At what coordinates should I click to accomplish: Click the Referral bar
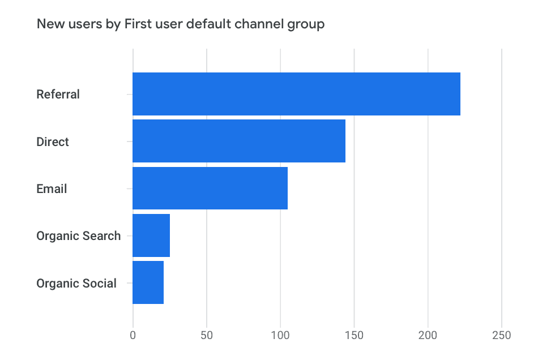296,94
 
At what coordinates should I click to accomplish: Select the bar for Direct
239,142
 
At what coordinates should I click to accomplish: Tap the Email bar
210,188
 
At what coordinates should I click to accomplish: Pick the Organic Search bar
151,235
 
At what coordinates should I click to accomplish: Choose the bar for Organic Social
148,283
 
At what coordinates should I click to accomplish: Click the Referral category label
58,94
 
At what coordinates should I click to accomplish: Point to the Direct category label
53,142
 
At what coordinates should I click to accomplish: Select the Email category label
52,188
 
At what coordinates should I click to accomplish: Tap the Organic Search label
78,235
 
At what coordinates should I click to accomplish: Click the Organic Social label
76,283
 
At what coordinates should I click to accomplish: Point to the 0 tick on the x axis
133,335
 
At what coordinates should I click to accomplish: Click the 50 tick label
207,335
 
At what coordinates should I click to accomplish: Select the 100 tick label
280,335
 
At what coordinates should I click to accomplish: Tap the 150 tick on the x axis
354,335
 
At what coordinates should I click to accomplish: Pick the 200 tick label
428,335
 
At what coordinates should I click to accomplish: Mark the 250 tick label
502,335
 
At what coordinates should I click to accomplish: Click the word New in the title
49,24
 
